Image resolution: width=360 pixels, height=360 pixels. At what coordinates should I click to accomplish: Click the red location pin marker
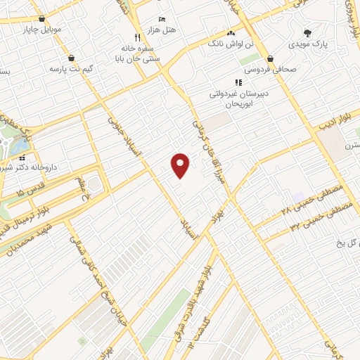[181, 165]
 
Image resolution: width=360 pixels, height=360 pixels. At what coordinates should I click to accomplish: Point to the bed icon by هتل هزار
[162, 18]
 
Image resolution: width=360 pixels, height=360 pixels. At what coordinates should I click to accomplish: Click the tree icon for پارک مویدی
[307, 32]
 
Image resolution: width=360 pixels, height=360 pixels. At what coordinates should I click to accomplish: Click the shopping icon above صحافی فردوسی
[271, 59]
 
